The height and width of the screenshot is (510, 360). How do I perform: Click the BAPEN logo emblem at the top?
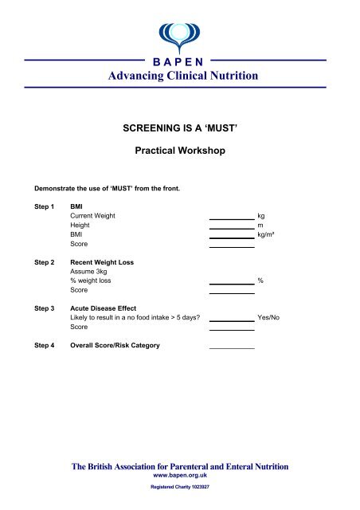click(180, 33)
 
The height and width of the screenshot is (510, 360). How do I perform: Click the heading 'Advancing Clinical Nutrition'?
click(179, 76)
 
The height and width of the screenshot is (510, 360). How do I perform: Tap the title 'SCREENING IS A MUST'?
click(179, 125)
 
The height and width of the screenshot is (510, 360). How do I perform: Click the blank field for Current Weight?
click(231, 216)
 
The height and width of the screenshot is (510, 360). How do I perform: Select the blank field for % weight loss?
click(231, 281)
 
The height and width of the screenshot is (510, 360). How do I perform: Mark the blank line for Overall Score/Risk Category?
click(231, 347)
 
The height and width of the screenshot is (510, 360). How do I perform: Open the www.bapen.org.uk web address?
click(179, 474)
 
